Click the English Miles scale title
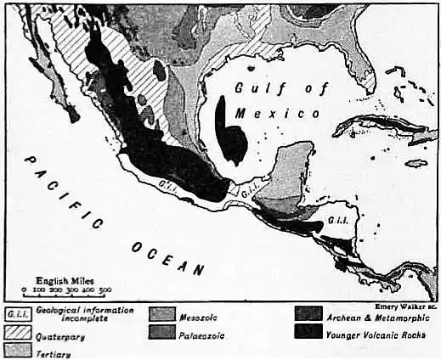(x=65, y=279)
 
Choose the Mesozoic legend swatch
(x=161, y=314)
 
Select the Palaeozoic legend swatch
(x=161, y=332)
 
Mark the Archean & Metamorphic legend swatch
(x=308, y=315)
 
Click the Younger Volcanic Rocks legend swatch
(x=308, y=333)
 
